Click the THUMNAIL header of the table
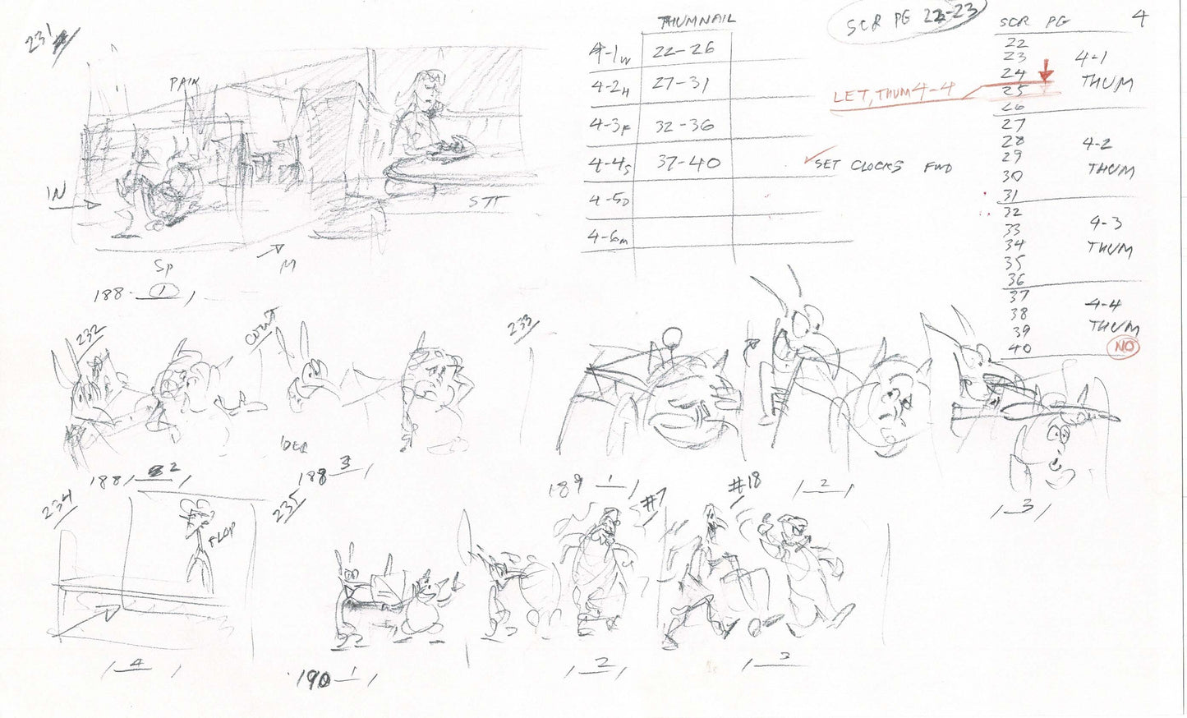(697, 19)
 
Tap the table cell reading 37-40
(688, 163)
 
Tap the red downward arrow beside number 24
(1045, 74)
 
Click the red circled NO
(1124, 347)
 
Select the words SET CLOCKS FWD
(883, 165)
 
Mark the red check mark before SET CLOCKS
(811, 160)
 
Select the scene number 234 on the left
(58, 503)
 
